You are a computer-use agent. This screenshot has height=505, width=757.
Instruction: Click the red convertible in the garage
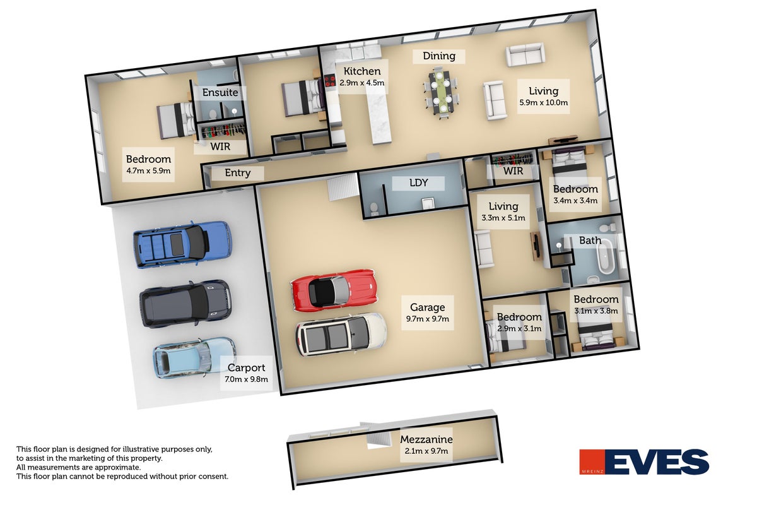(x=334, y=290)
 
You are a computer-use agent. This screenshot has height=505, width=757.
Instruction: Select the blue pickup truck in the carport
(x=182, y=244)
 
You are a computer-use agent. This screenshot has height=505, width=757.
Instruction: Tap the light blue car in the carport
(x=195, y=357)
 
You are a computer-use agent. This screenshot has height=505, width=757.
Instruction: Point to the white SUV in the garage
(x=341, y=335)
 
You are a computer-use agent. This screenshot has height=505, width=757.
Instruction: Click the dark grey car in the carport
(x=186, y=303)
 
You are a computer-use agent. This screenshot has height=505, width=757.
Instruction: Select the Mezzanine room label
(x=426, y=444)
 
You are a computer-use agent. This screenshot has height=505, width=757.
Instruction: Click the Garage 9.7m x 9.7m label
(x=428, y=312)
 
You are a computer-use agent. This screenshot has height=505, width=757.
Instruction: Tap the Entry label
(x=238, y=172)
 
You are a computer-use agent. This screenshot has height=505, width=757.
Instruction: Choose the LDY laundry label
(x=418, y=182)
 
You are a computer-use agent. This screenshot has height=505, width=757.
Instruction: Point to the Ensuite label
(x=220, y=92)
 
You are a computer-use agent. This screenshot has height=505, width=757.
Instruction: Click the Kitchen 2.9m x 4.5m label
(x=362, y=76)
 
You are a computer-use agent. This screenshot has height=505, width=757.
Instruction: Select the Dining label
(x=439, y=56)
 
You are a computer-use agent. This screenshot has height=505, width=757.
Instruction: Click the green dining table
(x=440, y=92)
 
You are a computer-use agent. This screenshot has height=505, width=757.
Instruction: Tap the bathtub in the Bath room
(x=606, y=258)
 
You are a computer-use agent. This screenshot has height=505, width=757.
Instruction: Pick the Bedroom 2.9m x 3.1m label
(x=519, y=322)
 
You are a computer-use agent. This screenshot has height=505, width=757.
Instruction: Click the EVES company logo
(x=644, y=461)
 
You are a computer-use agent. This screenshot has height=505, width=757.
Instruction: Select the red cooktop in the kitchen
(x=329, y=81)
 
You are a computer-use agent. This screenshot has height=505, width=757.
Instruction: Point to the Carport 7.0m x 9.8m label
(x=246, y=372)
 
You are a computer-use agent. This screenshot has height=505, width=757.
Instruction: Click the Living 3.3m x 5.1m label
(x=503, y=211)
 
